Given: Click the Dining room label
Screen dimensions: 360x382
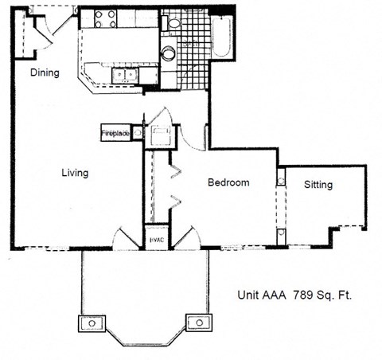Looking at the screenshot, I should click(45, 72).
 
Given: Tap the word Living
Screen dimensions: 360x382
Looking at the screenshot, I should click(74, 172).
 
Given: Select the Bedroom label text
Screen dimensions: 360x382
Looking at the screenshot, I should click(228, 182).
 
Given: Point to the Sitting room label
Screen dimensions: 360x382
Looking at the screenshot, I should click(318, 185).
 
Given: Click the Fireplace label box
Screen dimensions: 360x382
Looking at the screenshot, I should click(116, 134).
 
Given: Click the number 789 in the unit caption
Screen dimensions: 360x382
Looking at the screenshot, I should click(301, 294).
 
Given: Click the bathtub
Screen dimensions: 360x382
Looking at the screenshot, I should click(223, 36).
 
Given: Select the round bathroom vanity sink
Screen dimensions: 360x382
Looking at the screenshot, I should click(169, 53).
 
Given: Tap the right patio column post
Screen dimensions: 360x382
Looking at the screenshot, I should click(197, 323).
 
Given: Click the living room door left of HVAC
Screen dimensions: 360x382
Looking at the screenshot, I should click(127, 237).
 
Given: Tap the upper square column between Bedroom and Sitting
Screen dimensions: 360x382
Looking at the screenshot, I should click(280, 177).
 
